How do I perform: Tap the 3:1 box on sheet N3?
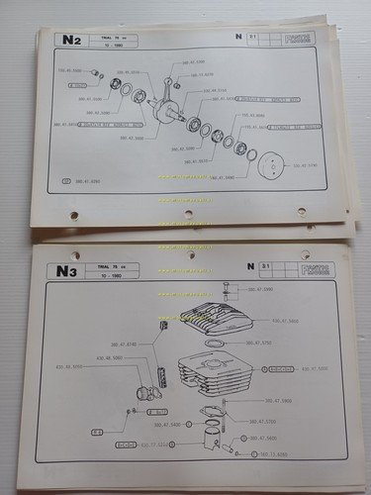point(264,266)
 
